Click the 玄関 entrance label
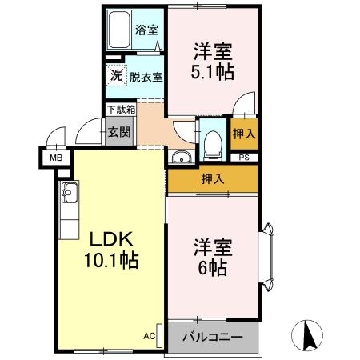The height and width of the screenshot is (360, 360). (x=119, y=132)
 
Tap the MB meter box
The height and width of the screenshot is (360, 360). (x=55, y=158)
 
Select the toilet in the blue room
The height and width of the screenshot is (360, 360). (x=213, y=145)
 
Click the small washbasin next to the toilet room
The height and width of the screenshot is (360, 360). (x=182, y=157)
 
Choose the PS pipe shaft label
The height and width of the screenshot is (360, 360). (x=244, y=157)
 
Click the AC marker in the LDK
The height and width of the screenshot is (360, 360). (x=150, y=336)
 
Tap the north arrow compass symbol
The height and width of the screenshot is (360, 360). (x=311, y=332)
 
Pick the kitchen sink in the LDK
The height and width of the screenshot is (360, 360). (x=69, y=193)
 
